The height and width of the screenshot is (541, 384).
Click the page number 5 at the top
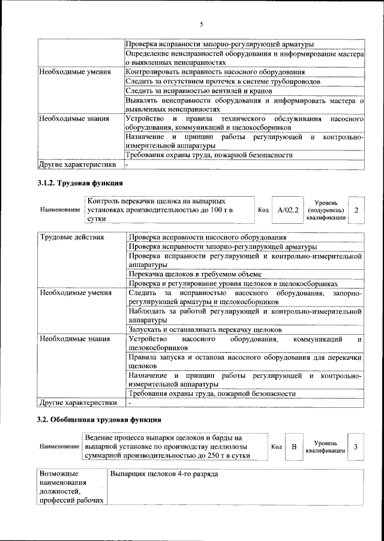tap(202, 25)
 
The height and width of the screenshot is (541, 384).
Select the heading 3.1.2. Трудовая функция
tap(80, 182)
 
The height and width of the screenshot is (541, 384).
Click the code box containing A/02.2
tap(288, 211)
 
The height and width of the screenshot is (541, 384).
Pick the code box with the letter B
tap(294, 447)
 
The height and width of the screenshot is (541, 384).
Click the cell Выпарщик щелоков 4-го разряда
tap(163, 474)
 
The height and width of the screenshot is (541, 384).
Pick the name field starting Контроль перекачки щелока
tap(168, 211)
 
